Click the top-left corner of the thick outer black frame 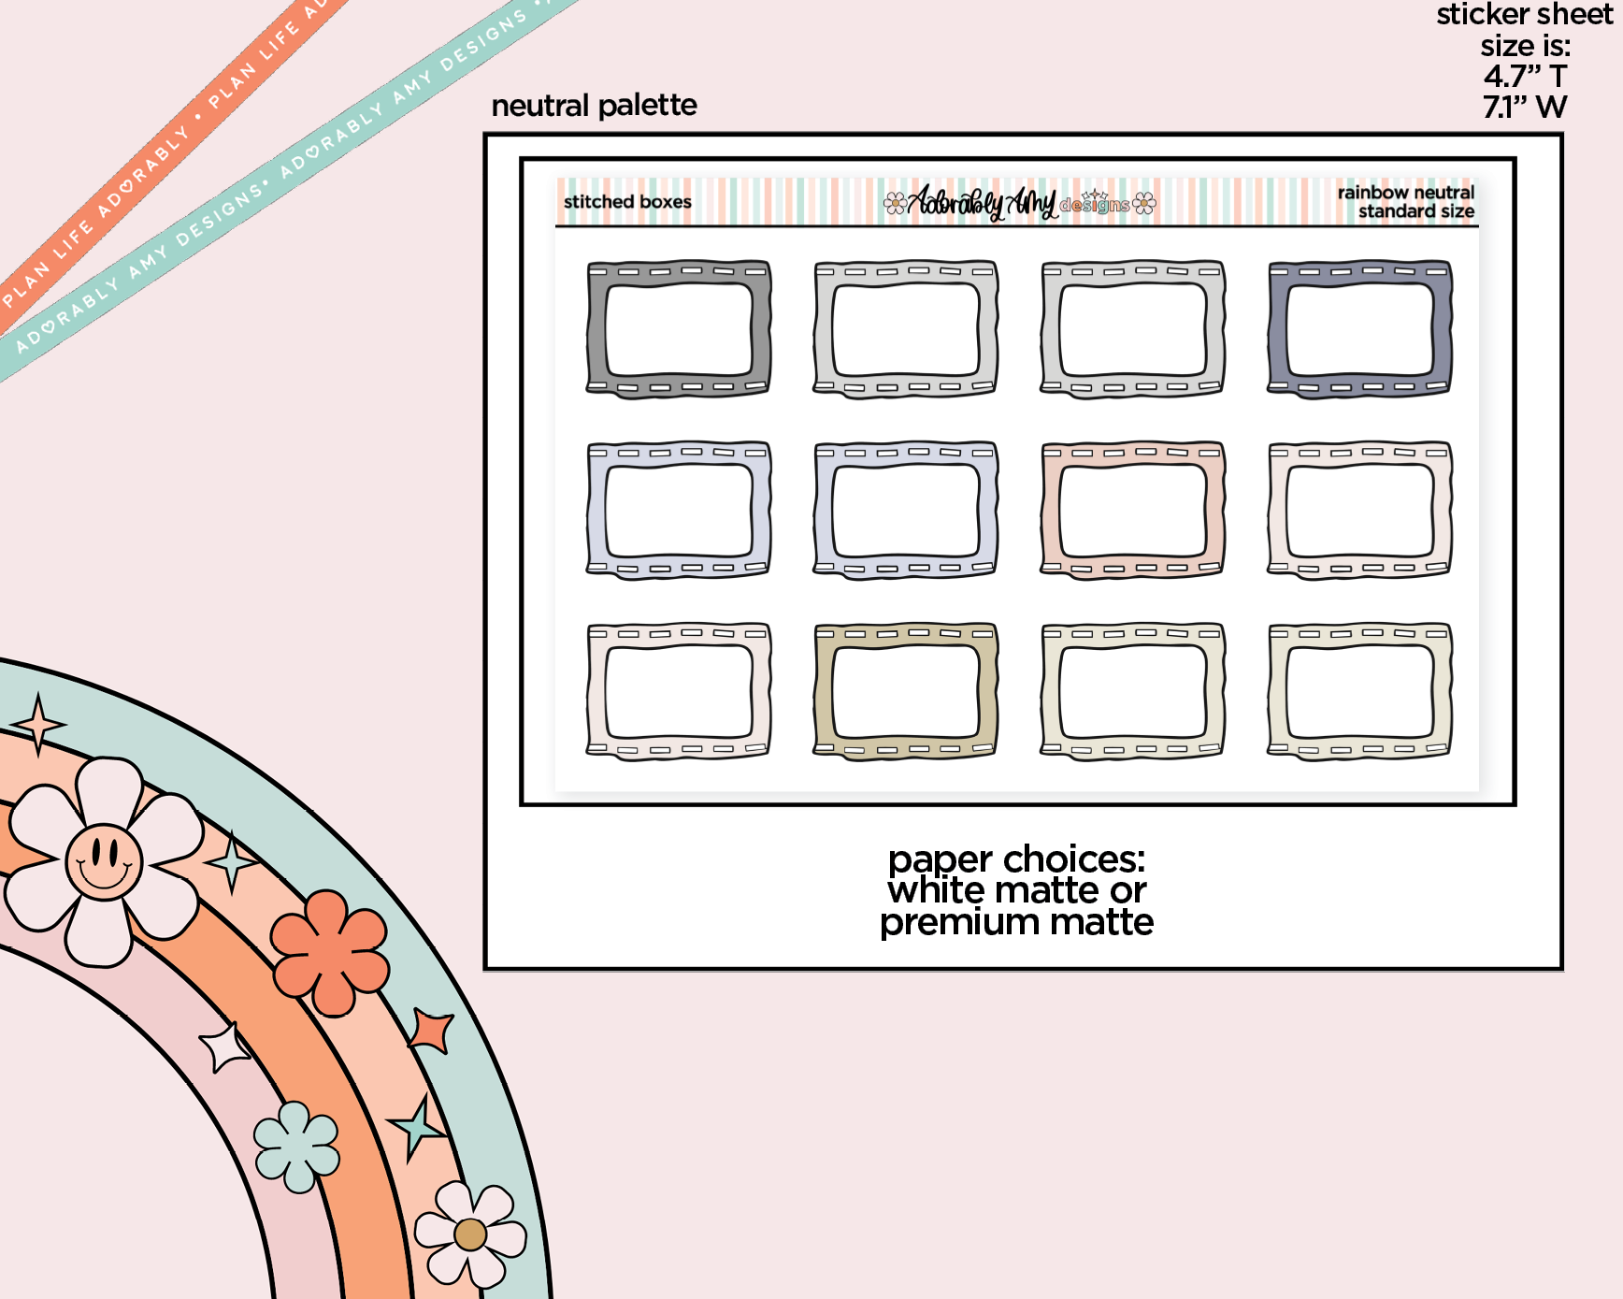tap(485, 136)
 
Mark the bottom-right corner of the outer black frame tap(1561, 969)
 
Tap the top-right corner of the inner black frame tap(1515, 159)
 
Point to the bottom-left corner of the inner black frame tap(522, 804)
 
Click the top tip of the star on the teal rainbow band tap(37, 693)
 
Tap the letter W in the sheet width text tap(1551, 107)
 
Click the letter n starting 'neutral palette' tap(500, 107)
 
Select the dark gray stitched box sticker tap(679, 329)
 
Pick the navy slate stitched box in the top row tap(1359, 329)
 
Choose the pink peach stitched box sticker tap(1132, 511)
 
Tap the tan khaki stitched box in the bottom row tap(906, 692)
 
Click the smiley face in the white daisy tap(104, 861)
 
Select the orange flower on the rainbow tap(330, 953)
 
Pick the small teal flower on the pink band tap(297, 1147)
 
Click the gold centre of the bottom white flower tap(470, 1234)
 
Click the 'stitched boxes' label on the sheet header tap(627, 202)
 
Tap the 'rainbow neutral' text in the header tap(1405, 193)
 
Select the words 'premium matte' tap(1016, 923)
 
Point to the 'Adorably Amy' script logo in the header tap(983, 202)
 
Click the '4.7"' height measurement tap(1512, 76)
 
